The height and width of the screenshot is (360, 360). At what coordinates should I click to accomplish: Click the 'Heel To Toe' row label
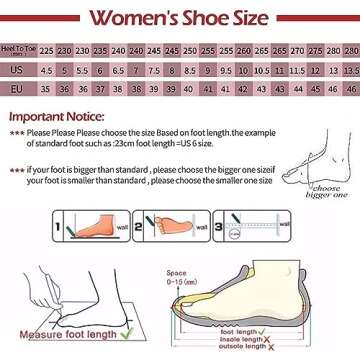click(17, 50)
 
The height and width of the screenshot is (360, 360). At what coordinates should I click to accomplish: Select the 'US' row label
click(17, 70)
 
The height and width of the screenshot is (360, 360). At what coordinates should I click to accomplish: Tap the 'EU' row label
click(17, 89)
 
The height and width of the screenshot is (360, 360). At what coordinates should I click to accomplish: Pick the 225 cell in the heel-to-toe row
click(47, 50)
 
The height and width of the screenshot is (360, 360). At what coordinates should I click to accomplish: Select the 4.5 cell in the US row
click(47, 70)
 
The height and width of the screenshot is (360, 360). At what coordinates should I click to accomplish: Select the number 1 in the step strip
click(57, 227)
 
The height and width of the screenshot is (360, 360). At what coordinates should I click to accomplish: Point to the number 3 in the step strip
click(218, 227)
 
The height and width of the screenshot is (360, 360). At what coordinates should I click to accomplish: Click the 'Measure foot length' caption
click(67, 334)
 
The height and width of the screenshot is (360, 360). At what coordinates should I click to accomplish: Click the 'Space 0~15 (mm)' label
click(180, 277)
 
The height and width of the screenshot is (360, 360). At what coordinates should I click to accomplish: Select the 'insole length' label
click(237, 340)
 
